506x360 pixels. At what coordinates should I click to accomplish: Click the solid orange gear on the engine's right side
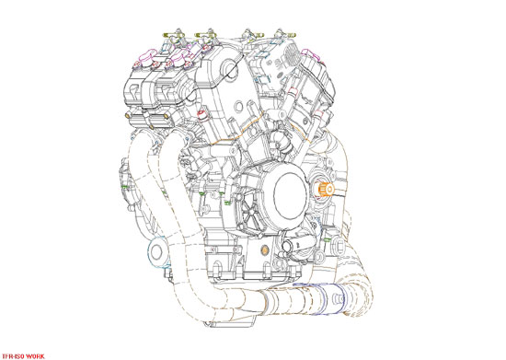coord(325,190)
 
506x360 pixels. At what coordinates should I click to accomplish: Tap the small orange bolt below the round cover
coord(266,250)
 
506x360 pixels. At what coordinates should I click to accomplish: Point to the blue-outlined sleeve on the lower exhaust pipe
coord(335,297)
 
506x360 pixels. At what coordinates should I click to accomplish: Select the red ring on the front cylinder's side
coord(203,117)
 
